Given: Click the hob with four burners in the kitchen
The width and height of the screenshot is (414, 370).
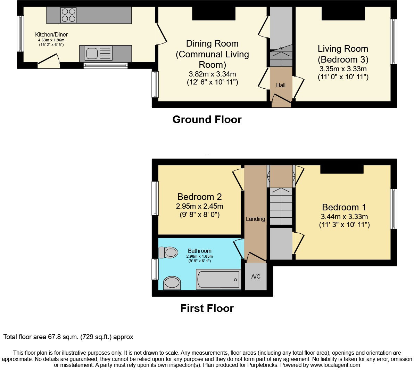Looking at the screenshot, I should pyautogui.click(x=68, y=15).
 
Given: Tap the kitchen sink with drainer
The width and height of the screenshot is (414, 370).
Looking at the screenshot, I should pyautogui.click(x=99, y=54).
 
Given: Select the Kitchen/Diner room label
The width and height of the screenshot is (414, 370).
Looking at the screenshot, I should pyautogui.click(x=51, y=35).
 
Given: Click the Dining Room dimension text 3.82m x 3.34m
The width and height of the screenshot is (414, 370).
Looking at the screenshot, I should pyautogui.click(x=212, y=74).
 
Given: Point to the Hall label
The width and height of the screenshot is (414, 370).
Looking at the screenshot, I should pyautogui.click(x=281, y=85).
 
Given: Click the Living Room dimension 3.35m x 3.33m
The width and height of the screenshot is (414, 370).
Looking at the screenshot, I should pyautogui.click(x=343, y=69).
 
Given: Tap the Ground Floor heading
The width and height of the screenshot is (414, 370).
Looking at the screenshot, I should pyautogui.click(x=207, y=120).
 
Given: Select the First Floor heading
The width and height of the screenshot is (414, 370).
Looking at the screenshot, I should pyautogui.click(x=207, y=308).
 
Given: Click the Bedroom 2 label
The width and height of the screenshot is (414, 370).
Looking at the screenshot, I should pyautogui.click(x=199, y=197).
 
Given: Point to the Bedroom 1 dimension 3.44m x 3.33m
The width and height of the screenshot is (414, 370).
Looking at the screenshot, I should pyautogui.click(x=344, y=217).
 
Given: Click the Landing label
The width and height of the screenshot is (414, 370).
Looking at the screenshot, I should pyautogui.click(x=255, y=219).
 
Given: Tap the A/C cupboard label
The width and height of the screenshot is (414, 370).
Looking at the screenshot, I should pyautogui.click(x=256, y=277).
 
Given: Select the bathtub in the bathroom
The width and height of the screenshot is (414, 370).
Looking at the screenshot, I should pyautogui.click(x=218, y=279).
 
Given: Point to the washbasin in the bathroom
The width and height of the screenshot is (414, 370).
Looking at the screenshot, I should pyautogui.click(x=172, y=282).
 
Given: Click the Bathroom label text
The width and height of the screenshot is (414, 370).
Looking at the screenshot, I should pyautogui.click(x=199, y=251).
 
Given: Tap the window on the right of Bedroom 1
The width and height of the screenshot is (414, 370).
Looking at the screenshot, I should pyautogui.click(x=394, y=209).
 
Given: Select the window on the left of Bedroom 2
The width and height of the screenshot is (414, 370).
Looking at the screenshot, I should pyautogui.click(x=155, y=198).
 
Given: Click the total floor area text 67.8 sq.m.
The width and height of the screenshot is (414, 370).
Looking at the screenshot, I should pyautogui.click(x=68, y=337).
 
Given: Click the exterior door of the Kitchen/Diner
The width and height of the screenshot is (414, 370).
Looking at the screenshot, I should pyautogui.click(x=49, y=62).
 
